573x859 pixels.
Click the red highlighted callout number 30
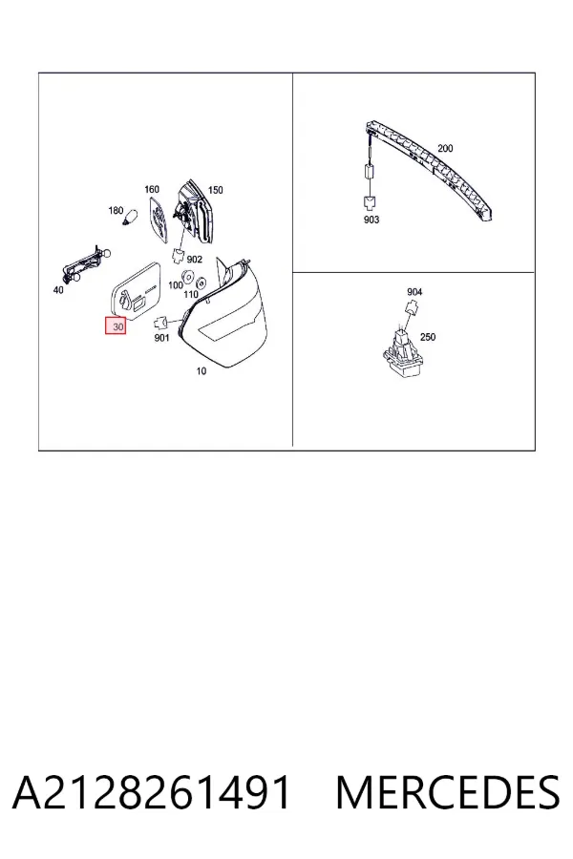(x=116, y=327)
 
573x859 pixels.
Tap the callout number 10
(x=202, y=371)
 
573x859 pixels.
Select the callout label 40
(x=58, y=290)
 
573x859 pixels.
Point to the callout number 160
(x=151, y=190)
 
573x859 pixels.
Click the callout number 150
(x=216, y=190)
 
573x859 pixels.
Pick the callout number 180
(x=116, y=210)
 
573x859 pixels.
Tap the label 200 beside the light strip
(x=445, y=149)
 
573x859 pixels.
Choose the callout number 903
(x=371, y=220)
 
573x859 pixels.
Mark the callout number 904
(x=414, y=292)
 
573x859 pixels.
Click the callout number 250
(x=428, y=337)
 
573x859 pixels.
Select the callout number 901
(x=161, y=338)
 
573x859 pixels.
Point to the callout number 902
(x=195, y=260)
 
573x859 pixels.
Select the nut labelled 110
(x=201, y=283)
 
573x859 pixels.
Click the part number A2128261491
(x=151, y=792)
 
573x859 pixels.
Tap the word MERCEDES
(x=448, y=792)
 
